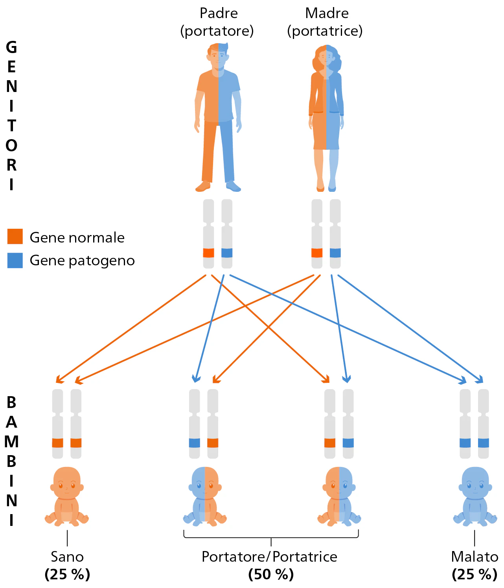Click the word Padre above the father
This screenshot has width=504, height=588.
click(x=219, y=13)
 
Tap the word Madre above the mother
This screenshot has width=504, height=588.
click(x=327, y=13)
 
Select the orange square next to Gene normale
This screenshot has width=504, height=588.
click(x=15, y=237)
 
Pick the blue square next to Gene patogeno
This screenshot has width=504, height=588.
click(x=15, y=260)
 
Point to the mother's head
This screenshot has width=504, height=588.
click(x=326, y=57)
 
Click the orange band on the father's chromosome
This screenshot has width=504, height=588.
click(x=208, y=253)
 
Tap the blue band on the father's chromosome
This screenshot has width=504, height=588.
click(x=227, y=253)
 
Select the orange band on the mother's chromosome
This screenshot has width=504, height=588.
click(x=317, y=253)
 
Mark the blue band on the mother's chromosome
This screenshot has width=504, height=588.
click(x=335, y=253)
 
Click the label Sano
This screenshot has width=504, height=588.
click(x=67, y=557)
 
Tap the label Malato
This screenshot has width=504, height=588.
click(x=475, y=557)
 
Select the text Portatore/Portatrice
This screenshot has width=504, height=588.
click(x=269, y=557)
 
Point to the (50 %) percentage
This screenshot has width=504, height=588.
click(x=271, y=575)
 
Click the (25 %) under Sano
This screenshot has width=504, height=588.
click(x=67, y=575)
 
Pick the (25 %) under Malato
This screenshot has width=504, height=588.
click(x=475, y=575)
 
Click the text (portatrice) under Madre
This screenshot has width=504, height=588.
click(x=325, y=31)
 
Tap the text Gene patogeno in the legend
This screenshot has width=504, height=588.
click(x=82, y=261)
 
